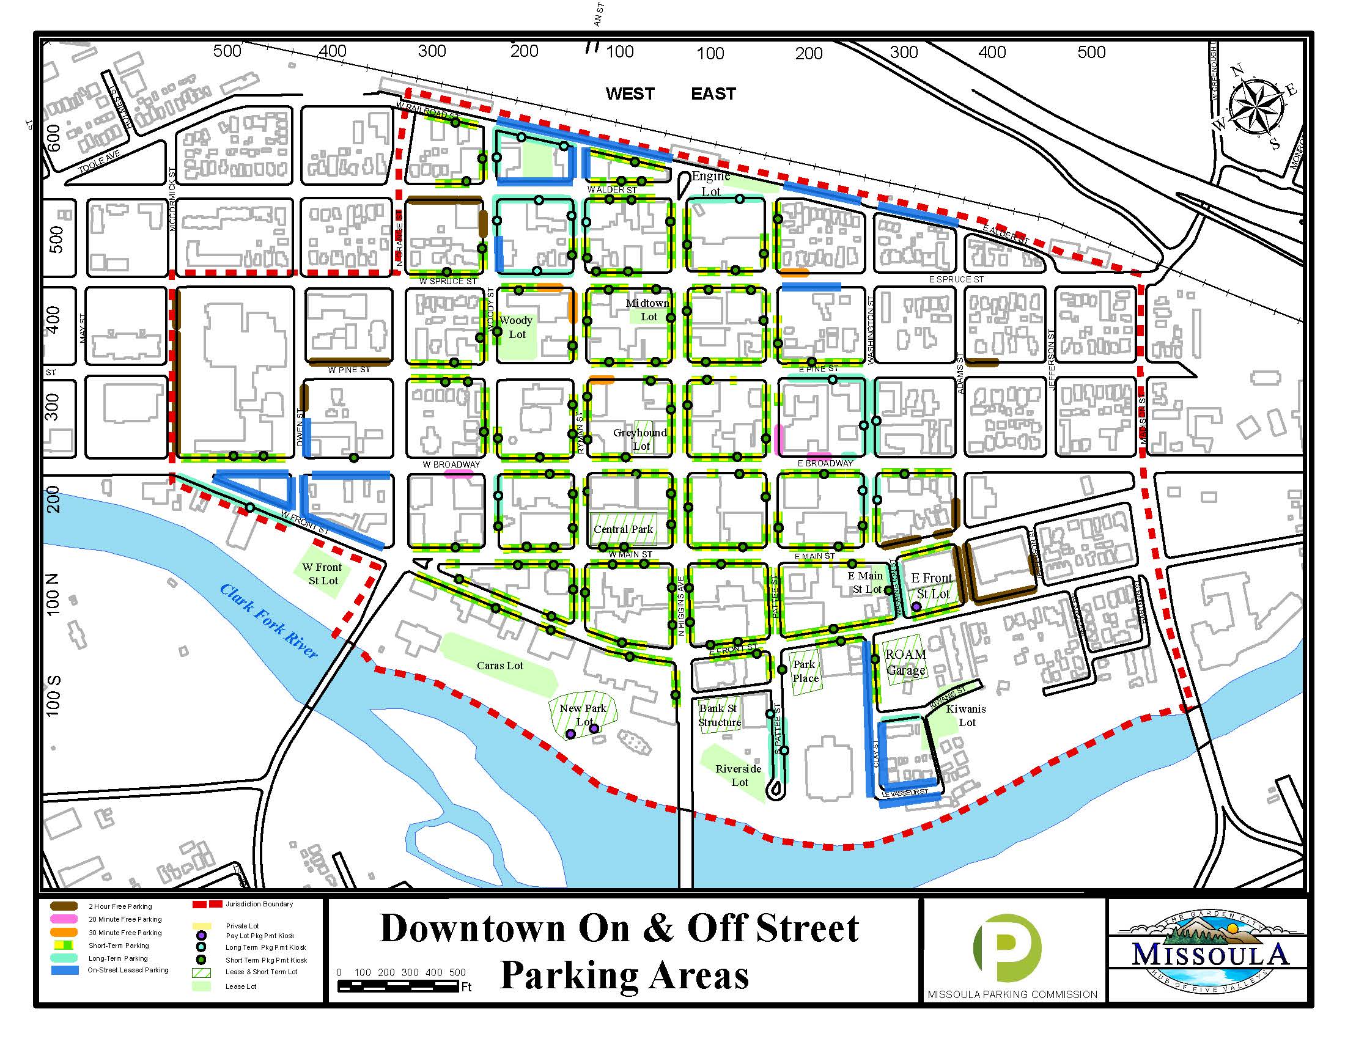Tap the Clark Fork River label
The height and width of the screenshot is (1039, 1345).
tap(268, 620)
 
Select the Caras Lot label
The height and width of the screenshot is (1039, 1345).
tap(499, 666)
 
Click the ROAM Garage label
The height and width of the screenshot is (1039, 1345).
tap(905, 663)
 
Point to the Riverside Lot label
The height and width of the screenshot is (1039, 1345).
tap(739, 776)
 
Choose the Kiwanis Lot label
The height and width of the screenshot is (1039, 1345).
tap(965, 715)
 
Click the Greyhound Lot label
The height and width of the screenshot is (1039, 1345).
tap(640, 439)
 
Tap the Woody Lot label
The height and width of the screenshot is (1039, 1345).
tap(516, 327)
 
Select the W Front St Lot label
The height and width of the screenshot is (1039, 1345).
tap(322, 574)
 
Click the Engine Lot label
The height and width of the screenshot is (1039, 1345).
tap(710, 183)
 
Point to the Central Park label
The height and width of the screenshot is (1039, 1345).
tap(622, 529)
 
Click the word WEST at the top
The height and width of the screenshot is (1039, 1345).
tap(629, 94)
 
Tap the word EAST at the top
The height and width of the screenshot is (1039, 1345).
tap(713, 94)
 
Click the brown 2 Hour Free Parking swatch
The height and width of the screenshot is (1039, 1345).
tap(64, 906)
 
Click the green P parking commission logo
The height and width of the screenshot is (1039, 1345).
tap(1006, 948)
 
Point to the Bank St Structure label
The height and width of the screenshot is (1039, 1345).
tap(719, 715)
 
